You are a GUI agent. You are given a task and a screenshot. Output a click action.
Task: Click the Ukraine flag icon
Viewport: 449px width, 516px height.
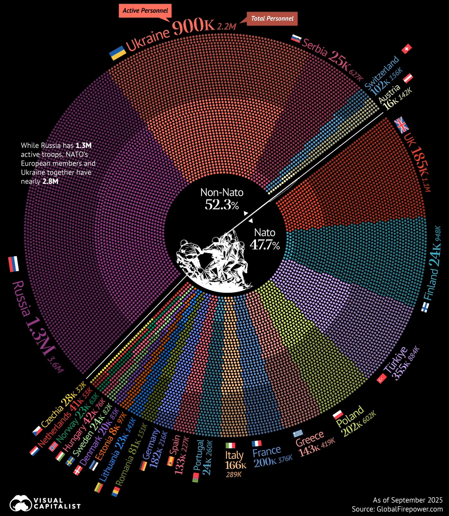117,53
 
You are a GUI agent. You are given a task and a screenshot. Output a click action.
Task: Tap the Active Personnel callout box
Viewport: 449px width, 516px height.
145,11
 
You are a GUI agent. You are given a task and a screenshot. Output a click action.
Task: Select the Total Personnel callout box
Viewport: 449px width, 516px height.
272,19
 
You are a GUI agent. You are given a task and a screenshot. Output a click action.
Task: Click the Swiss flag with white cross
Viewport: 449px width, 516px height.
406,49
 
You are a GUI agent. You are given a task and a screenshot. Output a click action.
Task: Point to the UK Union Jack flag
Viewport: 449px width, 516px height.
402,125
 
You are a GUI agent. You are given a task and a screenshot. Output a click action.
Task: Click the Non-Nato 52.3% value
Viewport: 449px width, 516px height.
222,205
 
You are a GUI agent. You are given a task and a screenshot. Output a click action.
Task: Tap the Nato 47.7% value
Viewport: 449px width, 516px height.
265,245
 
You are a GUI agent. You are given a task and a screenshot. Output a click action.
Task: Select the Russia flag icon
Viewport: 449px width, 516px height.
13,264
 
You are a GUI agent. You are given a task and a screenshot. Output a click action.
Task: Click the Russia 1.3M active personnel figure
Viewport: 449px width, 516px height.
39,331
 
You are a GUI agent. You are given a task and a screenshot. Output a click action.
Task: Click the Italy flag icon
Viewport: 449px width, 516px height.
230,445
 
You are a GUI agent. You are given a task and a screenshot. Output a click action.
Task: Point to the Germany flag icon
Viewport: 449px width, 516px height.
143,466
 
